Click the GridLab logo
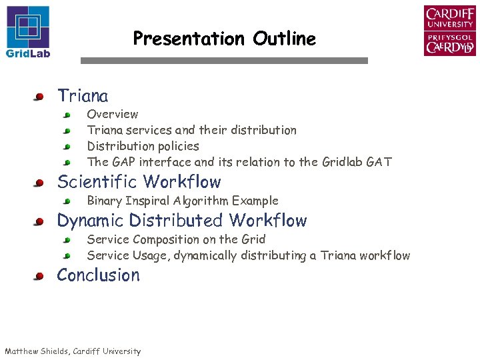click(x=28, y=31)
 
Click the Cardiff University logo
click(x=449, y=31)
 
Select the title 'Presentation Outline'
click(x=224, y=39)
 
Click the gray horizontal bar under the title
click(x=224, y=61)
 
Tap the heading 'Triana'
click(x=83, y=96)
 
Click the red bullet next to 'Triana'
click(x=40, y=97)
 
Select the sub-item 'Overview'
click(x=113, y=115)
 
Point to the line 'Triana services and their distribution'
click(x=191, y=130)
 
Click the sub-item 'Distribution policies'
click(x=143, y=146)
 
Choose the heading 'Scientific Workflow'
click(x=139, y=182)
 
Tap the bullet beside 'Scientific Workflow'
click(x=40, y=183)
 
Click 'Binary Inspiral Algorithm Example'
click(x=182, y=201)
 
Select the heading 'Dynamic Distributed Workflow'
click(x=181, y=221)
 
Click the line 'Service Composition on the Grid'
click(x=176, y=239)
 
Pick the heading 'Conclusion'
click(x=98, y=275)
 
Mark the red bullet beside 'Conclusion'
click(x=40, y=276)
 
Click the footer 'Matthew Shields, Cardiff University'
click(x=73, y=351)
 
